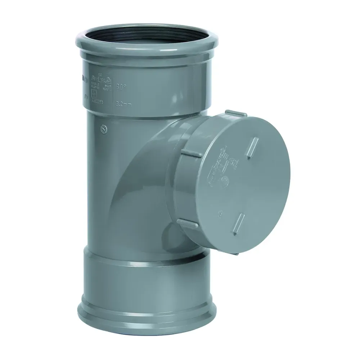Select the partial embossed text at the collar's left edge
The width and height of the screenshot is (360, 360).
(81, 86)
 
